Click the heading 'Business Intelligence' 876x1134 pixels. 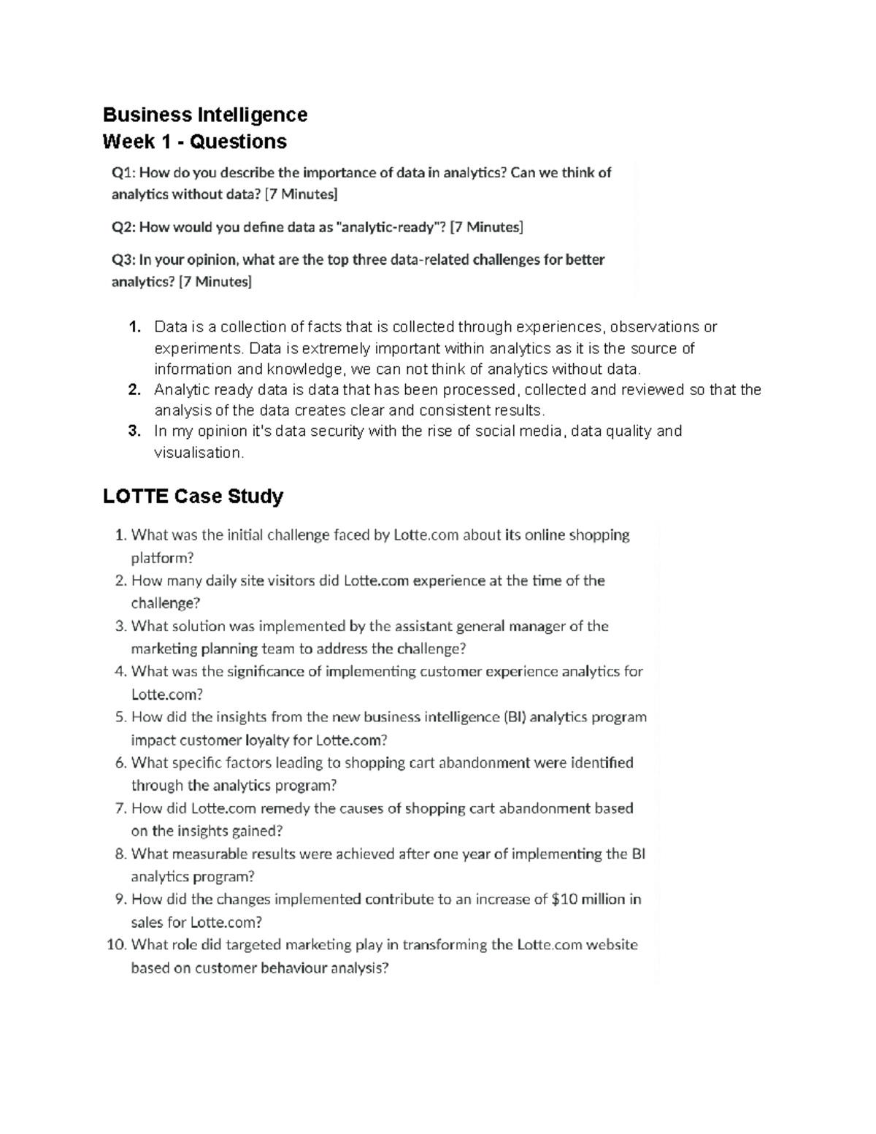[204, 115]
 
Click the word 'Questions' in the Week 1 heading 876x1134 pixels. [238, 142]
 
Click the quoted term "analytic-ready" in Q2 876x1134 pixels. [389, 227]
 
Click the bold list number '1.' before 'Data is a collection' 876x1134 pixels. [134, 327]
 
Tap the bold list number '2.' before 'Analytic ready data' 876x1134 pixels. [134, 390]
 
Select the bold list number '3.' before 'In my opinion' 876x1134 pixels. [134, 432]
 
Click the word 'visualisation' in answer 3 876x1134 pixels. [197, 453]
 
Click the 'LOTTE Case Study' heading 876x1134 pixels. [193, 497]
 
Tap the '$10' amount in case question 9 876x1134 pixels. [564, 899]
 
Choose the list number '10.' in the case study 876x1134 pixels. [116, 945]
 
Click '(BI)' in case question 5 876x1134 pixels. [514, 717]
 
